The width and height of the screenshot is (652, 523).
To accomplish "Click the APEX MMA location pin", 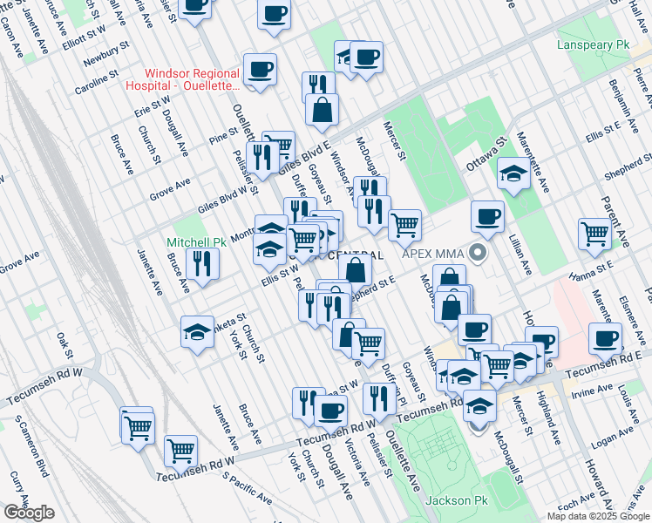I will point(476,255).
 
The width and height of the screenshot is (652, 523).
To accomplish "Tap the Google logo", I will point(29,513).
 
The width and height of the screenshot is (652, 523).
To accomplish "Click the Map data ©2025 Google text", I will point(598,516).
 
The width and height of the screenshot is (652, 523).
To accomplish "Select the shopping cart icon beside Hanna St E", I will point(594,234).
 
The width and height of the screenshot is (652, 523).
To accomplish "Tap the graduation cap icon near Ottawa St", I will point(514,173).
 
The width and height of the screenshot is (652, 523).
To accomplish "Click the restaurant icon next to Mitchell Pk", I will point(202,262).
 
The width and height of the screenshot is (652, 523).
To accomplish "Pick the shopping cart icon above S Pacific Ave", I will point(180,450).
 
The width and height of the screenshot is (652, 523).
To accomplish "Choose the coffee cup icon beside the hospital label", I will point(260,69).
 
